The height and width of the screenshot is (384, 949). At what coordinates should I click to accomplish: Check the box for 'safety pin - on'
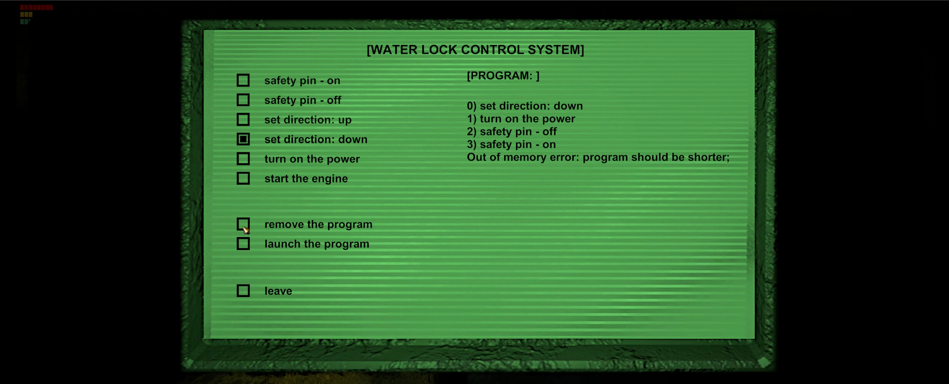[243, 80]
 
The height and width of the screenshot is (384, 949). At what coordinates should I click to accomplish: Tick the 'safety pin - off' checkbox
[243, 100]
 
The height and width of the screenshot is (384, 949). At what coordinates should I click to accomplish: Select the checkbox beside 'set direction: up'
[243, 120]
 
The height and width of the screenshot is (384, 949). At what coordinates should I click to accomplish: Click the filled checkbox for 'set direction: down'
[243, 139]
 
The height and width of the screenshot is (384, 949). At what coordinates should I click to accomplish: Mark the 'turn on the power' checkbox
[243, 159]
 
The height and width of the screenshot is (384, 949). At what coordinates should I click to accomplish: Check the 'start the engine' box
[243, 179]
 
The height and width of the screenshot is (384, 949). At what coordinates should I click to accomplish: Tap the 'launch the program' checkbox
[243, 244]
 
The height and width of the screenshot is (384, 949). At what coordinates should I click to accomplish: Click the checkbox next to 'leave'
[243, 291]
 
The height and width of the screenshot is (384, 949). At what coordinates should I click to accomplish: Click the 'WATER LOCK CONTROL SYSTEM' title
[475, 50]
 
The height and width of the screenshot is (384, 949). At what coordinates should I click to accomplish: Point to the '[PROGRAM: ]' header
[503, 76]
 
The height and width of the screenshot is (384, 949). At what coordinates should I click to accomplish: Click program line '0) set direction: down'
[525, 106]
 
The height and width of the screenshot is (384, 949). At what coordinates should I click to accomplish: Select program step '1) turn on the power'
[521, 119]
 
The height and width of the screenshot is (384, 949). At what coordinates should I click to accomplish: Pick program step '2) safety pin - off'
[511, 132]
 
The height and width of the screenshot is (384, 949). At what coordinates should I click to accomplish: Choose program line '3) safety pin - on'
[511, 145]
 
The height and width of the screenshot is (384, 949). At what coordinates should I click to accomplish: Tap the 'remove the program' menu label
[318, 225]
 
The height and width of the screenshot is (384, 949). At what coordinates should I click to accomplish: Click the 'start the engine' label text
[306, 179]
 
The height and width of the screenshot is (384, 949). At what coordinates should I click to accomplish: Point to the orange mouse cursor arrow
[246, 230]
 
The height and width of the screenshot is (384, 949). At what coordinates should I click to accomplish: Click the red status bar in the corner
[36, 7]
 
